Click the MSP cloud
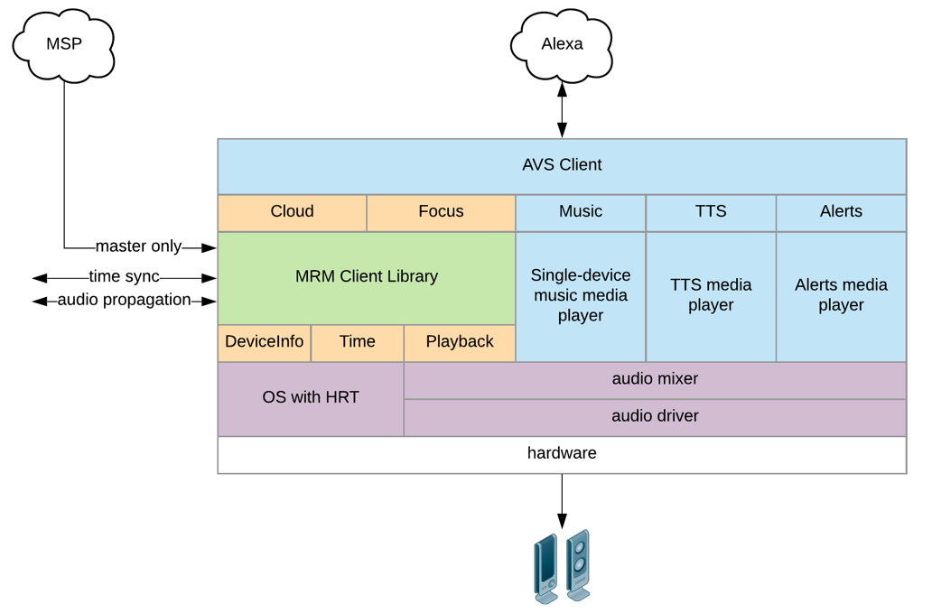pos(64,43)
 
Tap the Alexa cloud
pos(562,43)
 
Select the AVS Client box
pos(562,165)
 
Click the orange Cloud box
pos(292,212)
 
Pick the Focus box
pos(441,212)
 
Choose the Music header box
pos(581,212)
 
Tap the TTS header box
pos(711,212)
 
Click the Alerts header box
pos(841,212)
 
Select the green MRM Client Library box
pos(367,277)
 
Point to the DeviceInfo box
pos(265,342)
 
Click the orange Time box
pos(358,342)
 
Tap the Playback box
pos(460,342)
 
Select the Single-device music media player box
pos(581,295)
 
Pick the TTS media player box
pos(711,295)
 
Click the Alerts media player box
pos(841,295)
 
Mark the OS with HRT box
pos(311,398)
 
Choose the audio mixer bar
pos(655,379)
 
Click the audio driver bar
pos(655,417)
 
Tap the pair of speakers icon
pos(562,566)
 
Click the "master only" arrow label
pos(139,246)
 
